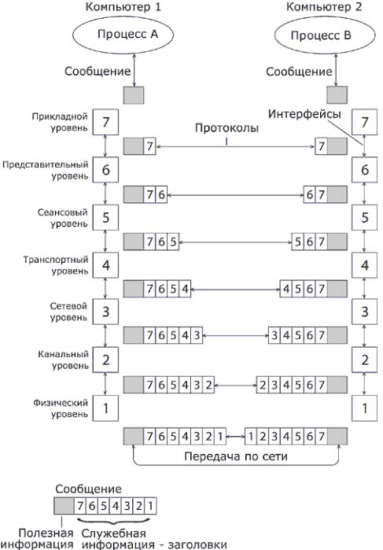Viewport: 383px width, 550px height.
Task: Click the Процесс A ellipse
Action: pyautogui.click(x=123, y=35)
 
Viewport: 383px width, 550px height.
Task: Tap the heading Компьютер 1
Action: pyautogui.click(x=123, y=7)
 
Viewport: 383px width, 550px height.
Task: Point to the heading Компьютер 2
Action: pyautogui.click(x=324, y=7)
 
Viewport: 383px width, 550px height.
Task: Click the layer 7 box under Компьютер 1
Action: pyautogui.click(x=105, y=122)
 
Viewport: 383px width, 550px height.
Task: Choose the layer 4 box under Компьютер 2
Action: pyautogui.click(x=365, y=265)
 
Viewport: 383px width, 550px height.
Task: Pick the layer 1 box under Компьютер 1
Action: pyautogui.click(x=105, y=408)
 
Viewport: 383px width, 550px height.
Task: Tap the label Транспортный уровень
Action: pyautogui.click(x=56, y=265)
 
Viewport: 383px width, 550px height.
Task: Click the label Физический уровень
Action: pyautogui.click(x=61, y=408)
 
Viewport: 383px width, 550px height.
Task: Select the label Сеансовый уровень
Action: pyautogui.click(x=63, y=218)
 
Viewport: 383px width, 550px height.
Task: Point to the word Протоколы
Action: pyautogui.click(x=227, y=127)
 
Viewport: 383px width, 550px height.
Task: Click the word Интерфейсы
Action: pyautogui.click(x=304, y=114)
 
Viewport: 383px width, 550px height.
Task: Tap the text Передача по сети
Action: pyautogui.click(x=236, y=456)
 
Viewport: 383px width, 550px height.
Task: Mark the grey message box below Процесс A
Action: pyautogui.click(x=134, y=95)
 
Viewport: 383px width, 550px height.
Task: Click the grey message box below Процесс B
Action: pyautogui.click(x=337, y=95)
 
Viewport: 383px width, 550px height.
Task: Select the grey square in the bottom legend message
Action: pyautogui.click(x=64, y=506)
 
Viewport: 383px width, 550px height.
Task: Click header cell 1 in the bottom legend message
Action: pyautogui.click(x=151, y=506)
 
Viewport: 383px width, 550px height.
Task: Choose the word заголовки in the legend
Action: pyautogui.click(x=197, y=544)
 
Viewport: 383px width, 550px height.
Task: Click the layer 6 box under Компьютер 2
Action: pyautogui.click(x=365, y=170)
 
